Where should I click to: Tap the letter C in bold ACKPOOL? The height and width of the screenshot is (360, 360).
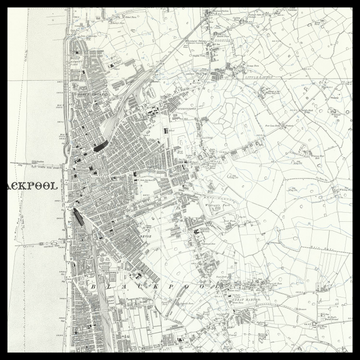point(16,184)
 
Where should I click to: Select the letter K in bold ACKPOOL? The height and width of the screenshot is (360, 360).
point(24,184)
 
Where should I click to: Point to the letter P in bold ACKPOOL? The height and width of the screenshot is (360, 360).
point(32,184)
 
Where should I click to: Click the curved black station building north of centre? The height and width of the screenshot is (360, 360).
point(99,146)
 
